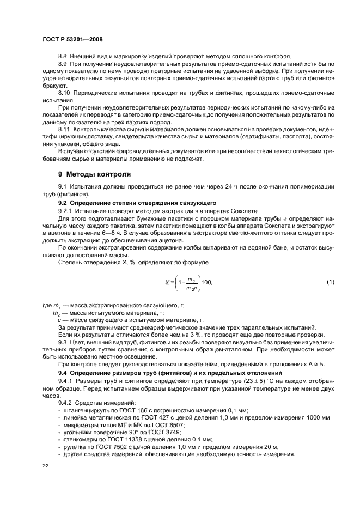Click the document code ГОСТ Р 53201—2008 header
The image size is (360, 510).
pyautogui.click(x=72, y=39)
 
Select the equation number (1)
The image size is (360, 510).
pyautogui.click(x=330, y=282)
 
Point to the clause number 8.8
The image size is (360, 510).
pyautogui.click(x=62, y=57)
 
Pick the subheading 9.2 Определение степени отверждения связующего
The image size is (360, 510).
pyautogui.click(x=127, y=203)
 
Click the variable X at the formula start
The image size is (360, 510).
pyautogui.click(x=167, y=282)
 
